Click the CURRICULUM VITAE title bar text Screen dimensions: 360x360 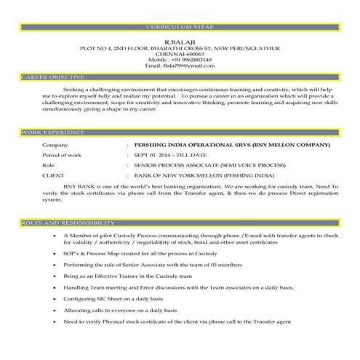(180, 26)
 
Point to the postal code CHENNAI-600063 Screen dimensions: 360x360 (180, 53)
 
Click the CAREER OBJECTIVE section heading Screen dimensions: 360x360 (53, 76)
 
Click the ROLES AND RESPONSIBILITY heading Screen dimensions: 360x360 (67, 222)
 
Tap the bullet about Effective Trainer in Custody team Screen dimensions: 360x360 (127, 277)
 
